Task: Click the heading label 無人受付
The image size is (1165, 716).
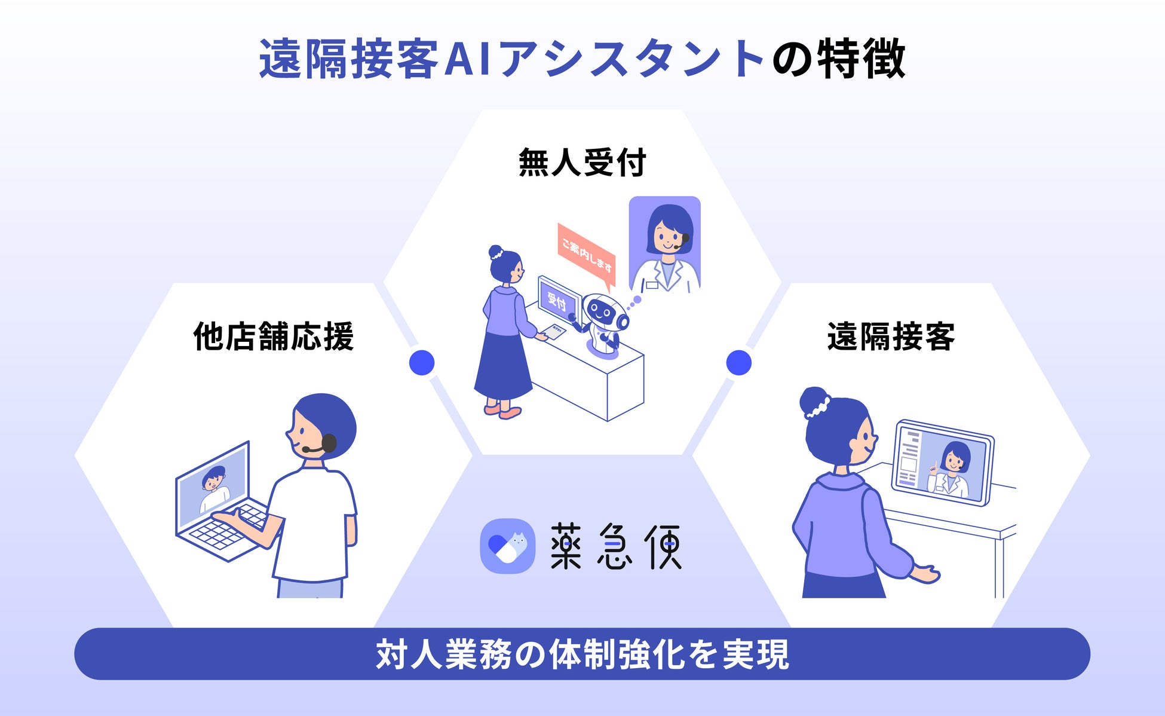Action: tap(582, 163)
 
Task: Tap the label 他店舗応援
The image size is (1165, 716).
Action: tap(273, 336)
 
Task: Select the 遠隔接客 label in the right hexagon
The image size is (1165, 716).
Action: tap(891, 336)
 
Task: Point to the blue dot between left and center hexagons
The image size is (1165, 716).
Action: tap(422, 363)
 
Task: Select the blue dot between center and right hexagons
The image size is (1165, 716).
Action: tap(738, 363)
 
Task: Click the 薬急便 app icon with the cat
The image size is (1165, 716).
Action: tap(507, 546)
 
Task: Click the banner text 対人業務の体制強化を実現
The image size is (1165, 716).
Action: tap(582, 654)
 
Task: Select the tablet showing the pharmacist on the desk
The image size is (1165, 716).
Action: tap(943, 463)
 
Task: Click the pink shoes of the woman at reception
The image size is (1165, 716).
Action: tap(503, 411)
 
